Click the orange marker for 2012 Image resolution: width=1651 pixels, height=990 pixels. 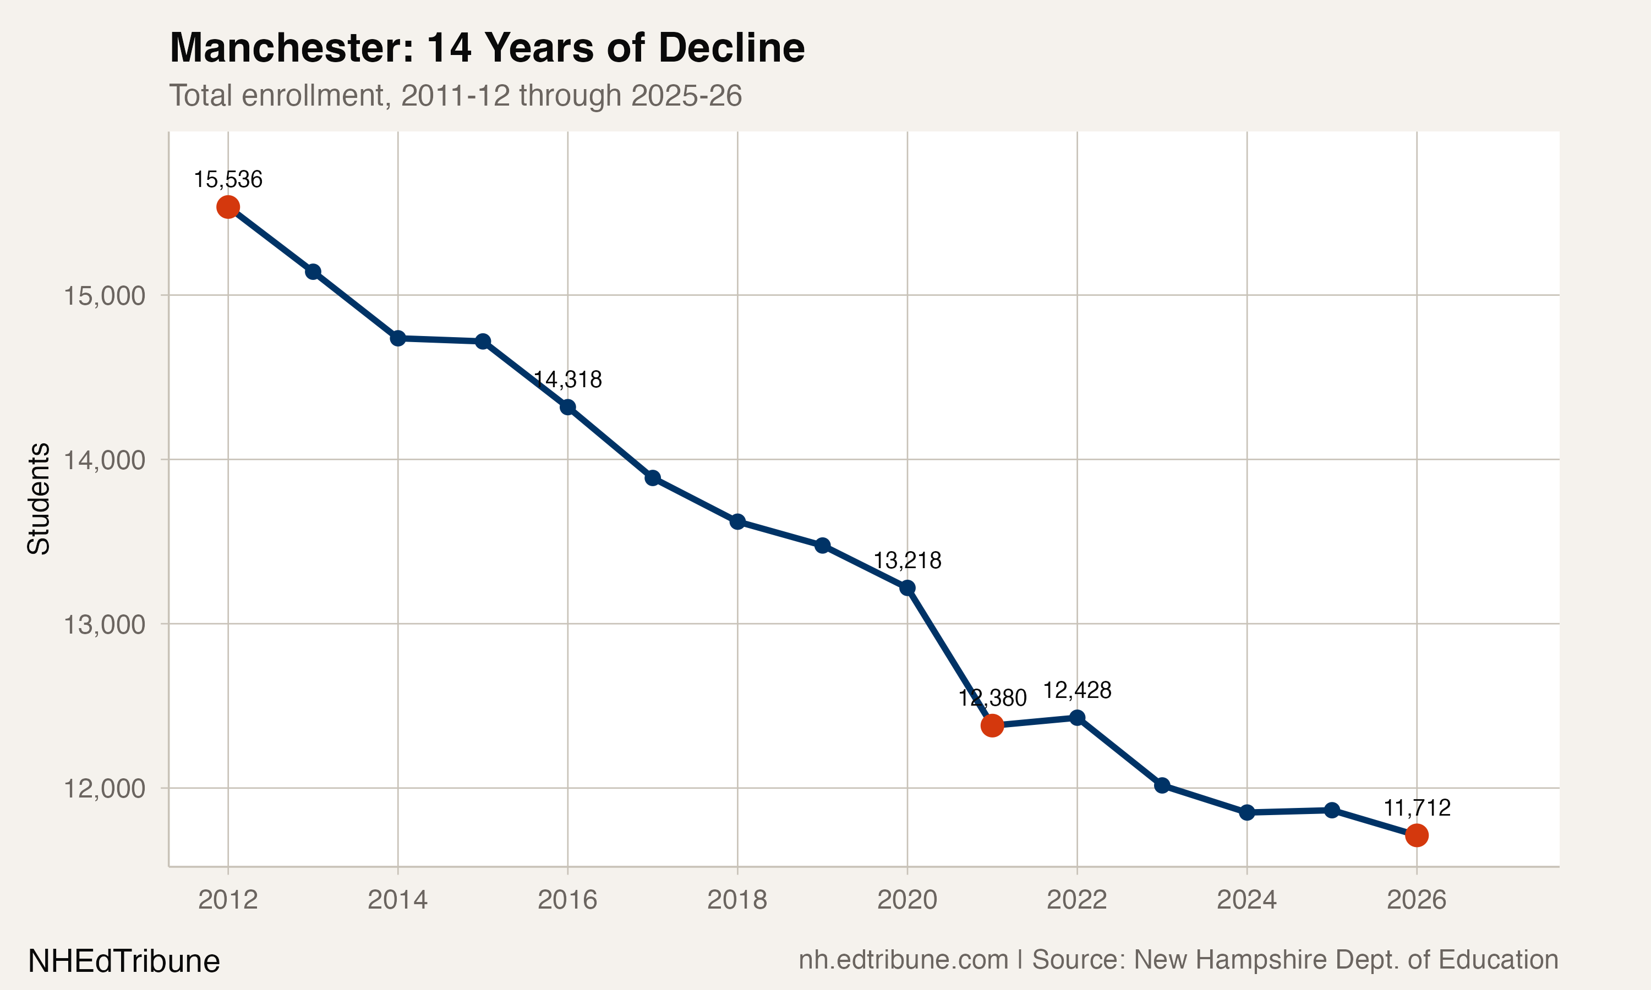point(228,207)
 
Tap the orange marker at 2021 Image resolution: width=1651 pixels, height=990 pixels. point(992,724)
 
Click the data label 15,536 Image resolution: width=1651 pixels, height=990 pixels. point(228,179)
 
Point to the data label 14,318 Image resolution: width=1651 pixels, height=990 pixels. point(568,380)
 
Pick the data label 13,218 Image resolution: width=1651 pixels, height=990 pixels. point(907,560)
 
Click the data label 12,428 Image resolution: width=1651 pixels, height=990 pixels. point(1076,690)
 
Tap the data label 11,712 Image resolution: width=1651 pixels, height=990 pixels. point(1416,808)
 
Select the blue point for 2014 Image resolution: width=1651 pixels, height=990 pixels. point(398,338)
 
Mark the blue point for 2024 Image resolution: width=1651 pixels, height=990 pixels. point(1247,812)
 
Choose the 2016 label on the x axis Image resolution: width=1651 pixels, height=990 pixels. point(567,900)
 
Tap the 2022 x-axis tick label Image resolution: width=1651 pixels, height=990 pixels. point(1076,900)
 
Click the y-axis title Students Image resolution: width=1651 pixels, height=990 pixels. point(39,498)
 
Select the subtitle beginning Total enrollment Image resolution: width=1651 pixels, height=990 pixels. point(455,95)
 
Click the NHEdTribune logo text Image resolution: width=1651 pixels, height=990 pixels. point(124,961)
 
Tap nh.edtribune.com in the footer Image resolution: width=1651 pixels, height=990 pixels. point(903,960)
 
